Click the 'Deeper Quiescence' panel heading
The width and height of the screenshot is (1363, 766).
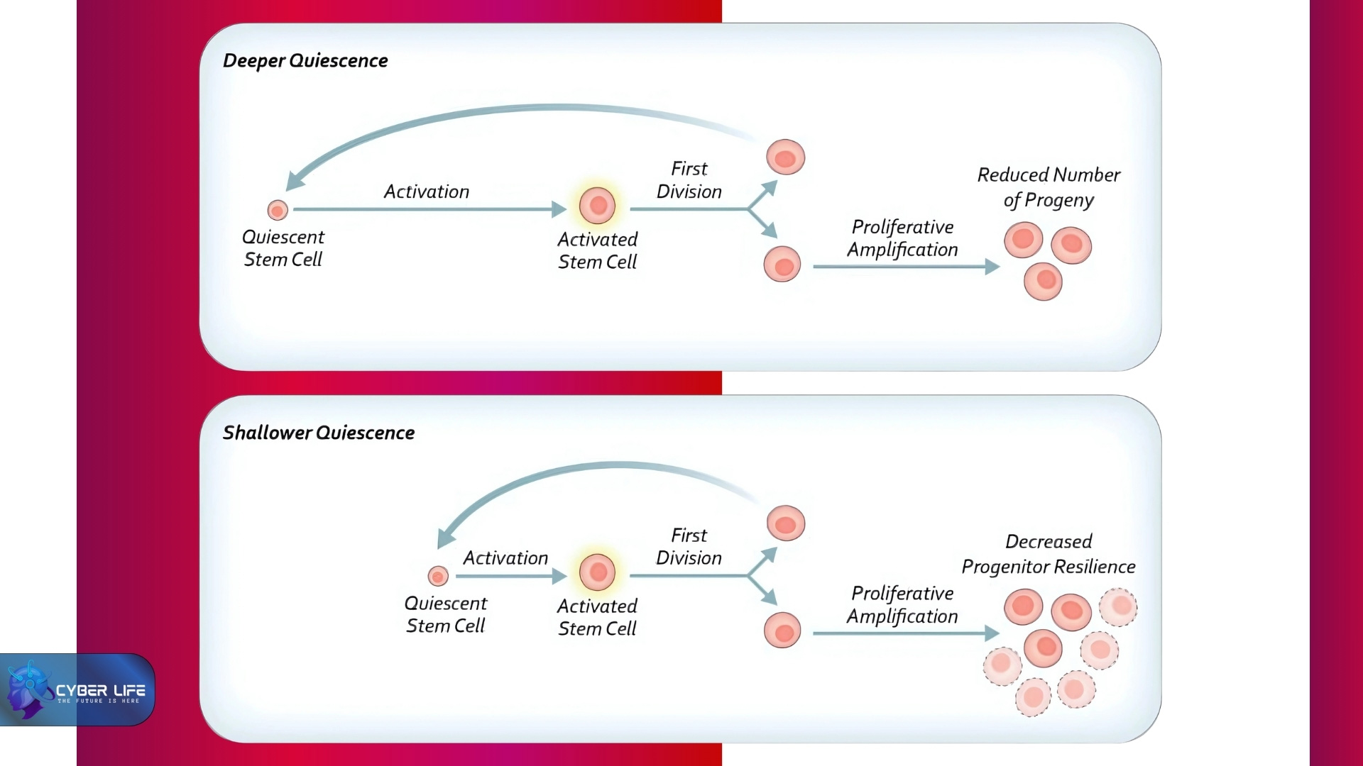(x=305, y=61)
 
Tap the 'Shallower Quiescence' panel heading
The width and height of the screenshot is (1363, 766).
(x=319, y=433)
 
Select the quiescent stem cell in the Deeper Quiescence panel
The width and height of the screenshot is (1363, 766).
(x=278, y=210)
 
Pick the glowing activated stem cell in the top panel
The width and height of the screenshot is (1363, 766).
(x=598, y=206)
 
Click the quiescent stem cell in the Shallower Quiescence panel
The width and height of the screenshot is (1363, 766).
(x=438, y=576)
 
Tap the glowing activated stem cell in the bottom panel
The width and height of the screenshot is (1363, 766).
(x=598, y=572)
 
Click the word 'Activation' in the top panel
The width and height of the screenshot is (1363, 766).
(x=427, y=191)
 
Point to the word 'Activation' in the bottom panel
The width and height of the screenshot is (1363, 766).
(x=505, y=558)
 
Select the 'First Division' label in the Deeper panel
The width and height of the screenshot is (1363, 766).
(x=689, y=180)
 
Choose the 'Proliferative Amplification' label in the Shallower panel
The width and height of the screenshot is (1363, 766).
(x=902, y=605)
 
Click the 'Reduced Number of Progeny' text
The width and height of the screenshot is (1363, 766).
(x=1049, y=187)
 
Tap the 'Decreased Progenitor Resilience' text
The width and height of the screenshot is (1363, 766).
(x=1049, y=554)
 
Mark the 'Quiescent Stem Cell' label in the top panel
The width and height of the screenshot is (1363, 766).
(x=283, y=248)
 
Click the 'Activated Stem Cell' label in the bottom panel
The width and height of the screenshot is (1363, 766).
(x=597, y=617)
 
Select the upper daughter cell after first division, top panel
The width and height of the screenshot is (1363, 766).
(x=786, y=157)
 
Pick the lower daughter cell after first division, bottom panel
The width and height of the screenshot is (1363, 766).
(x=782, y=631)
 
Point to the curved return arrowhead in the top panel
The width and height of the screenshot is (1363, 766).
(x=294, y=181)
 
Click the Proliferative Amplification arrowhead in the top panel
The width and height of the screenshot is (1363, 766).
(x=992, y=267)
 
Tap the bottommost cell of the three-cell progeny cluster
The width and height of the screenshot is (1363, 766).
(x=1044, y=281)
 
